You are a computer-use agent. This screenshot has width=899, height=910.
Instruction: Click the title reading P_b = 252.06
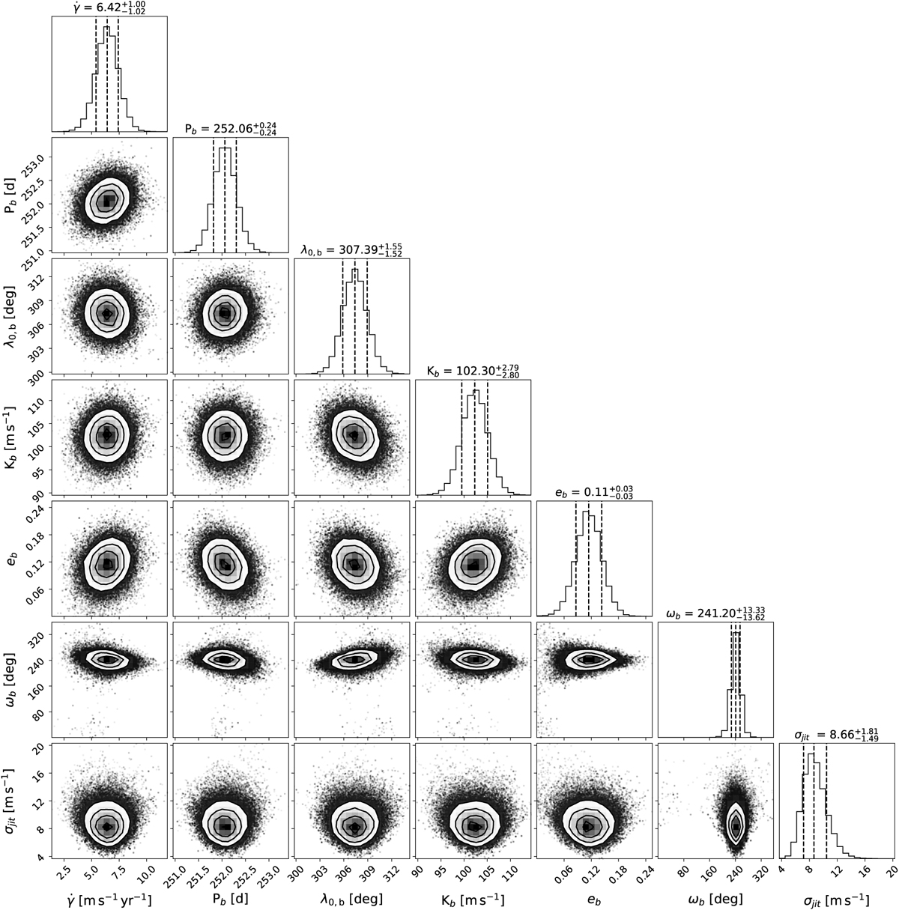pyautogui.click(x=231, y=129)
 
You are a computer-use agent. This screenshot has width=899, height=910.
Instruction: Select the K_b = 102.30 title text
pyautogui.click(x=473, y=371)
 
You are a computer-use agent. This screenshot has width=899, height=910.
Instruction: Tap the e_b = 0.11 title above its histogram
pyautogui.click(x=594, y=493)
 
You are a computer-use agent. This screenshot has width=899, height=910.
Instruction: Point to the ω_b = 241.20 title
pyautogui.click(x=715, y=614)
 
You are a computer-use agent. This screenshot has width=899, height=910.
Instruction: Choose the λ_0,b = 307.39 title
pyautogui.click(x=352, y=250)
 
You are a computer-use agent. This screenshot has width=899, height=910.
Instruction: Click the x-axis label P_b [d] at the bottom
pyautogui.click(x=231, y=899)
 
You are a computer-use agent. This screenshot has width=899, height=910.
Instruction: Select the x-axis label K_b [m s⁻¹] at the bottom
pyautogui.click(x=473, y=899)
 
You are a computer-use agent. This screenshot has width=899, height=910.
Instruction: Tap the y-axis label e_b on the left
pyautogui.click(x=12, y=558)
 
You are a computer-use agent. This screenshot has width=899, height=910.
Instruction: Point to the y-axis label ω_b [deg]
pyautogui.click(x=12, y=679)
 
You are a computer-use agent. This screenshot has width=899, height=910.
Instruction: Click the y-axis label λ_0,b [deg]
pyautogui.click(x=12, y=315)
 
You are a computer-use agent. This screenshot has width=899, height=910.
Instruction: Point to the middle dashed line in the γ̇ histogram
pyautogui.click(x=107, y=75)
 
